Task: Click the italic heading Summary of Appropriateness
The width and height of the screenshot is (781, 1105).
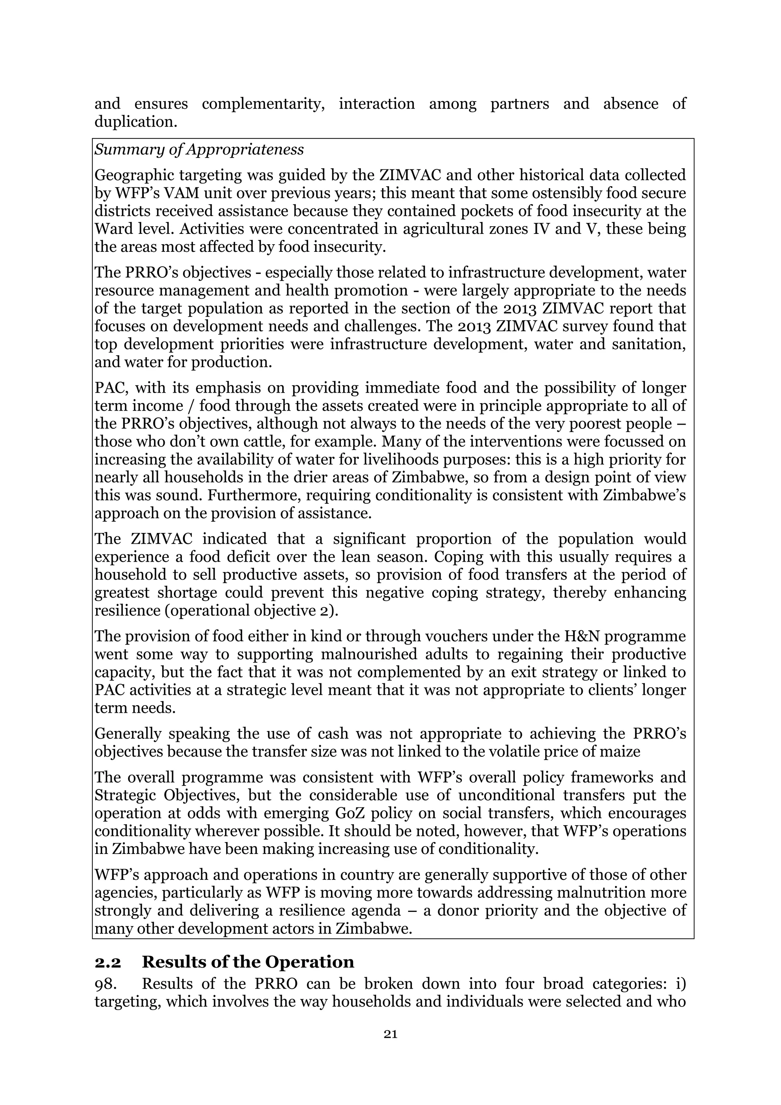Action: point(199,150)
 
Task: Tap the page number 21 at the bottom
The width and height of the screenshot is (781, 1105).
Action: point(390,1034)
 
